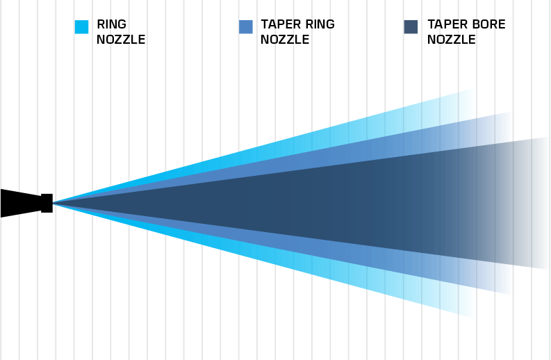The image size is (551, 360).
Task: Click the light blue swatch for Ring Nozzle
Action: (82, 26)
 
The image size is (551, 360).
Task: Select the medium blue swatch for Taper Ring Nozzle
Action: (245, 26)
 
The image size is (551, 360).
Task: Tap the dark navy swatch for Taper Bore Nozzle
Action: (411, 26)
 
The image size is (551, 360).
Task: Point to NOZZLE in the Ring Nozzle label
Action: (121, 40)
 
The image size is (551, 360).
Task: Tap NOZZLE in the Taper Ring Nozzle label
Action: (285, 40)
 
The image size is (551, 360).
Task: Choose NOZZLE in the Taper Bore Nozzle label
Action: (452, 40)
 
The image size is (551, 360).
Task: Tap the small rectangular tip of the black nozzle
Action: (47, 203)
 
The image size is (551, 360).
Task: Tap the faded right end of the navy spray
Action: (535, 203)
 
